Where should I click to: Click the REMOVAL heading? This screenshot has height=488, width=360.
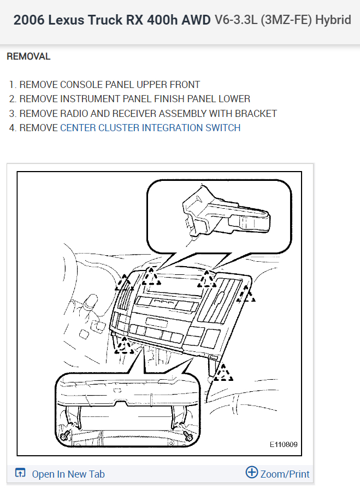(28, 56)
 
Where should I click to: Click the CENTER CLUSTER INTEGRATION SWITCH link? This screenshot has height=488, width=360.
(150, 128)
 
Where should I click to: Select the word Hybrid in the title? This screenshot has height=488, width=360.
(333, 21)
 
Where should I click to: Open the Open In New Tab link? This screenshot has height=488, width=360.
(68, 474)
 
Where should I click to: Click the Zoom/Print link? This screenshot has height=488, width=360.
(285, 474)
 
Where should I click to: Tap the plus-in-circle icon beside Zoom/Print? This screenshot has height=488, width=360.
(251, 473)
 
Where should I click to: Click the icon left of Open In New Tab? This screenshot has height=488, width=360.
(20, 473)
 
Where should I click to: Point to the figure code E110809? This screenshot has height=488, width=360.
(283, 445)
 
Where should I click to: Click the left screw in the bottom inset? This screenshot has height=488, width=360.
(67, 435)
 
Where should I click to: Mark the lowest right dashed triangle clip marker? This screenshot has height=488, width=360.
(223, 373)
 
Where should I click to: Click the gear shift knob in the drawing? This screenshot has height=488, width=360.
(91, 302)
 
